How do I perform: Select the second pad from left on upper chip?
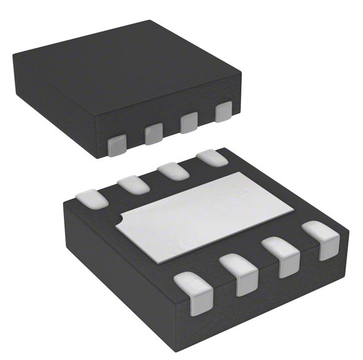pos(154,135)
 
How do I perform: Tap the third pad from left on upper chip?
pos(189,122)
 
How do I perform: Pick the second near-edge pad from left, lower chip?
pos(240,273)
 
